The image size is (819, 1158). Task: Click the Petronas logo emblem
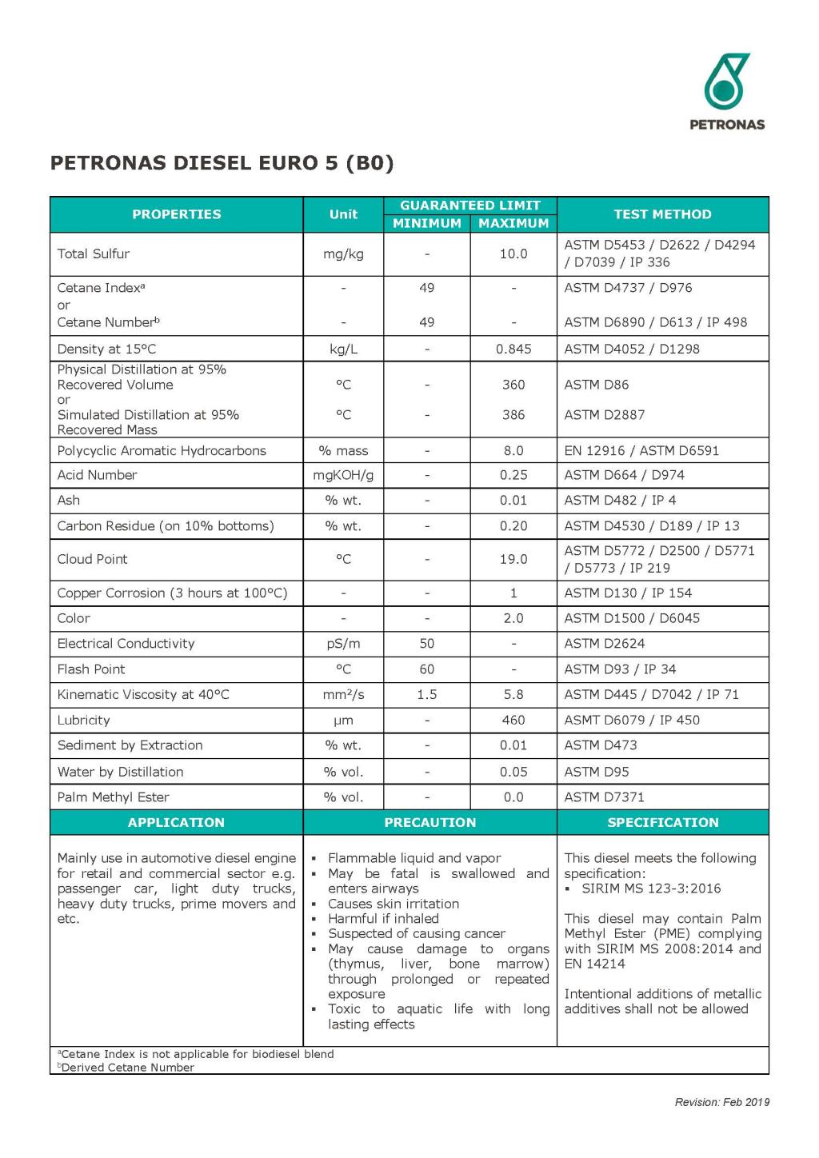[x=726, y=82]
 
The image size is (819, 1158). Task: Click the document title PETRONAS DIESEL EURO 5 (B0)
[x=222, y=163]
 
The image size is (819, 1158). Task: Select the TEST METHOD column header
[x=662, y=214]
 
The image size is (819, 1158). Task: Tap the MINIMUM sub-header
[x=426, y=224]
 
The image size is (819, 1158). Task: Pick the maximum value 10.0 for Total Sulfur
[x=513, y=254]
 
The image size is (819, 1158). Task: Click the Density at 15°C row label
[x=106, y=349]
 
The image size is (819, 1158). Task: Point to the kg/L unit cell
[x=343, y=349]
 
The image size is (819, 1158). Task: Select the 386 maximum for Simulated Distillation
[x=513, y=415]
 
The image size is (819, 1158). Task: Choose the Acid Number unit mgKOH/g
[x=343, y=475]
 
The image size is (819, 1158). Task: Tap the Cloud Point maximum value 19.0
[x=513, y=560]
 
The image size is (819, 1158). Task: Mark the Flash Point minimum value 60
[x=427, y=669]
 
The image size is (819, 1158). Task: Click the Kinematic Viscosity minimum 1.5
[x=427, y=695]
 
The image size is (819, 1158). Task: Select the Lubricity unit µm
[x=343, y=721]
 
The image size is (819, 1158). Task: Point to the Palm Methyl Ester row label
[x=113, y=797]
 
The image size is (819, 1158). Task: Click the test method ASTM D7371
[x=604, y=797]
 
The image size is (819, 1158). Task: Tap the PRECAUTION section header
[x=429, y=823]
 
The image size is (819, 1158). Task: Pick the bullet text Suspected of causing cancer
[x=417, y=934]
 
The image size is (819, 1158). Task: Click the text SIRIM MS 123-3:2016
[x=651, y=888]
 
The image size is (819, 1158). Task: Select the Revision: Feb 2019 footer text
[x=721, y=1103]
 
